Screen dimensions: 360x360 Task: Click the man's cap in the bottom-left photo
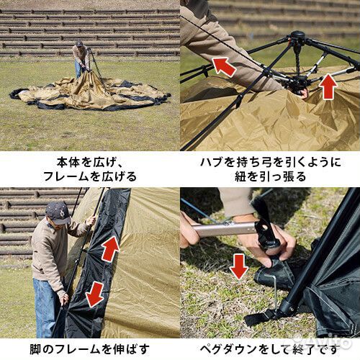click(58, 212)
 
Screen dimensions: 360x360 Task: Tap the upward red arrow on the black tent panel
click(110, 249)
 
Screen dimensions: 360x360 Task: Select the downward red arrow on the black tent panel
click(95, 294)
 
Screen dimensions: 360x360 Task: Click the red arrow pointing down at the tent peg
click(239, 266)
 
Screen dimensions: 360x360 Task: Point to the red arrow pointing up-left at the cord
click(224, 66)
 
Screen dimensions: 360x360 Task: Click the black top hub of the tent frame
click(298, 37)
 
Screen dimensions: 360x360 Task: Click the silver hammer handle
click(225, 229)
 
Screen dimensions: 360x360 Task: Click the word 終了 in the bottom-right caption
click(305, 349)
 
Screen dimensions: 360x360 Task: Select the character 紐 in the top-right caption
click(241, 177)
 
